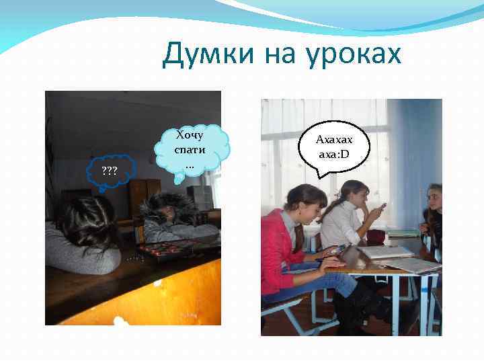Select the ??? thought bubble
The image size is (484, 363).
pos(110,171)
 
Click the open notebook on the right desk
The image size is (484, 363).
pos(387,252)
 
